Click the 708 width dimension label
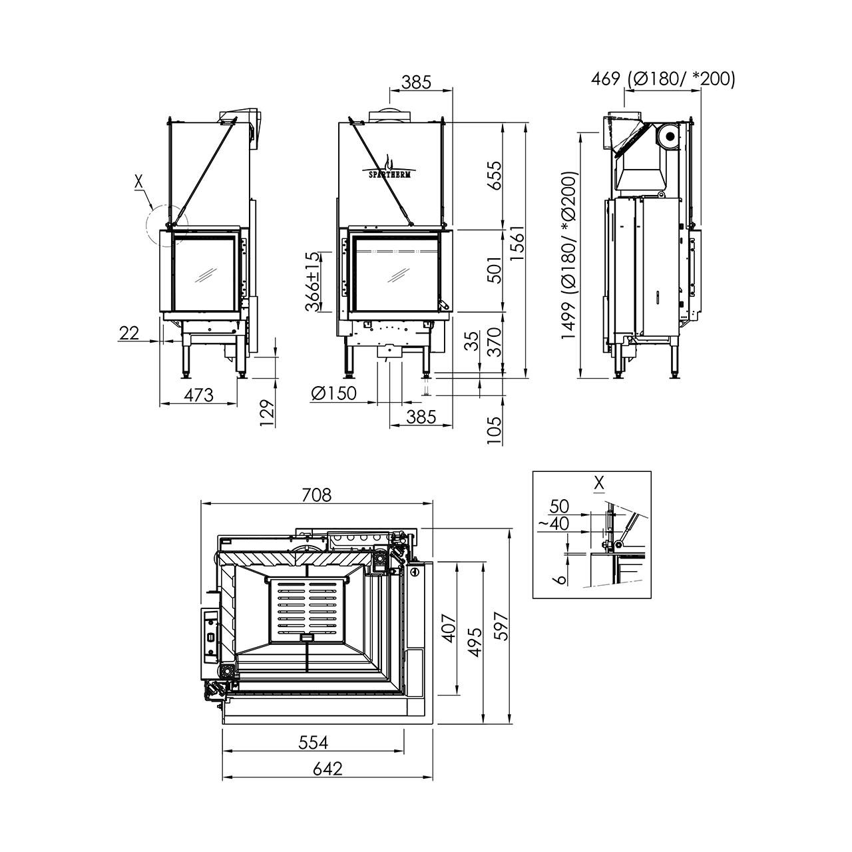[317, 495]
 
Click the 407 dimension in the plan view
[449, 628]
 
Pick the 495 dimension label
[475, 642]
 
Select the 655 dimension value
[495, 176]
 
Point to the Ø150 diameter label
[333, 393]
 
